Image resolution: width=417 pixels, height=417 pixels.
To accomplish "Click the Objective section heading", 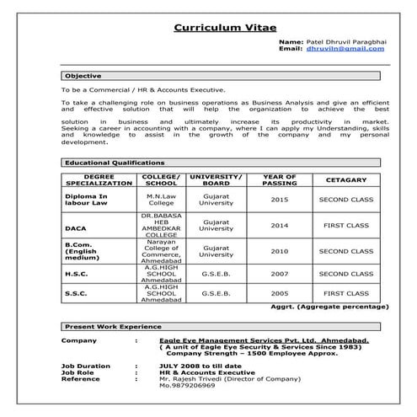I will click(83, 75).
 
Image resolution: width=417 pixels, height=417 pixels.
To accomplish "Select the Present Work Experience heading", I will click(113, 325).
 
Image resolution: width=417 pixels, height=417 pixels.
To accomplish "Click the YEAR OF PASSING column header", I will click(280, 179).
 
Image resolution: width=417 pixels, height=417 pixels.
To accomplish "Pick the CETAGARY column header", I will click(345, 179).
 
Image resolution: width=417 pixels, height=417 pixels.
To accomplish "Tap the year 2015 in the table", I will click(280, 200).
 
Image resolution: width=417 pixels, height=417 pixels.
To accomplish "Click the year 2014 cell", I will click(280, 225).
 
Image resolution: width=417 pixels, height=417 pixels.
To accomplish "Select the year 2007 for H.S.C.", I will click(280, 274).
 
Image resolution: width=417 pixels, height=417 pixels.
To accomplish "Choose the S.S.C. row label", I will click(77, 293).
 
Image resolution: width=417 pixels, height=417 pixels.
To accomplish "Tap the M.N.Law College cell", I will click(161, 200).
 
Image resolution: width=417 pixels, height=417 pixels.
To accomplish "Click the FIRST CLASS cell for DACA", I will click(345, 225).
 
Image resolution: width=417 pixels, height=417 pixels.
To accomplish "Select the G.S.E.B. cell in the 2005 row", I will click(217, 293).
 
